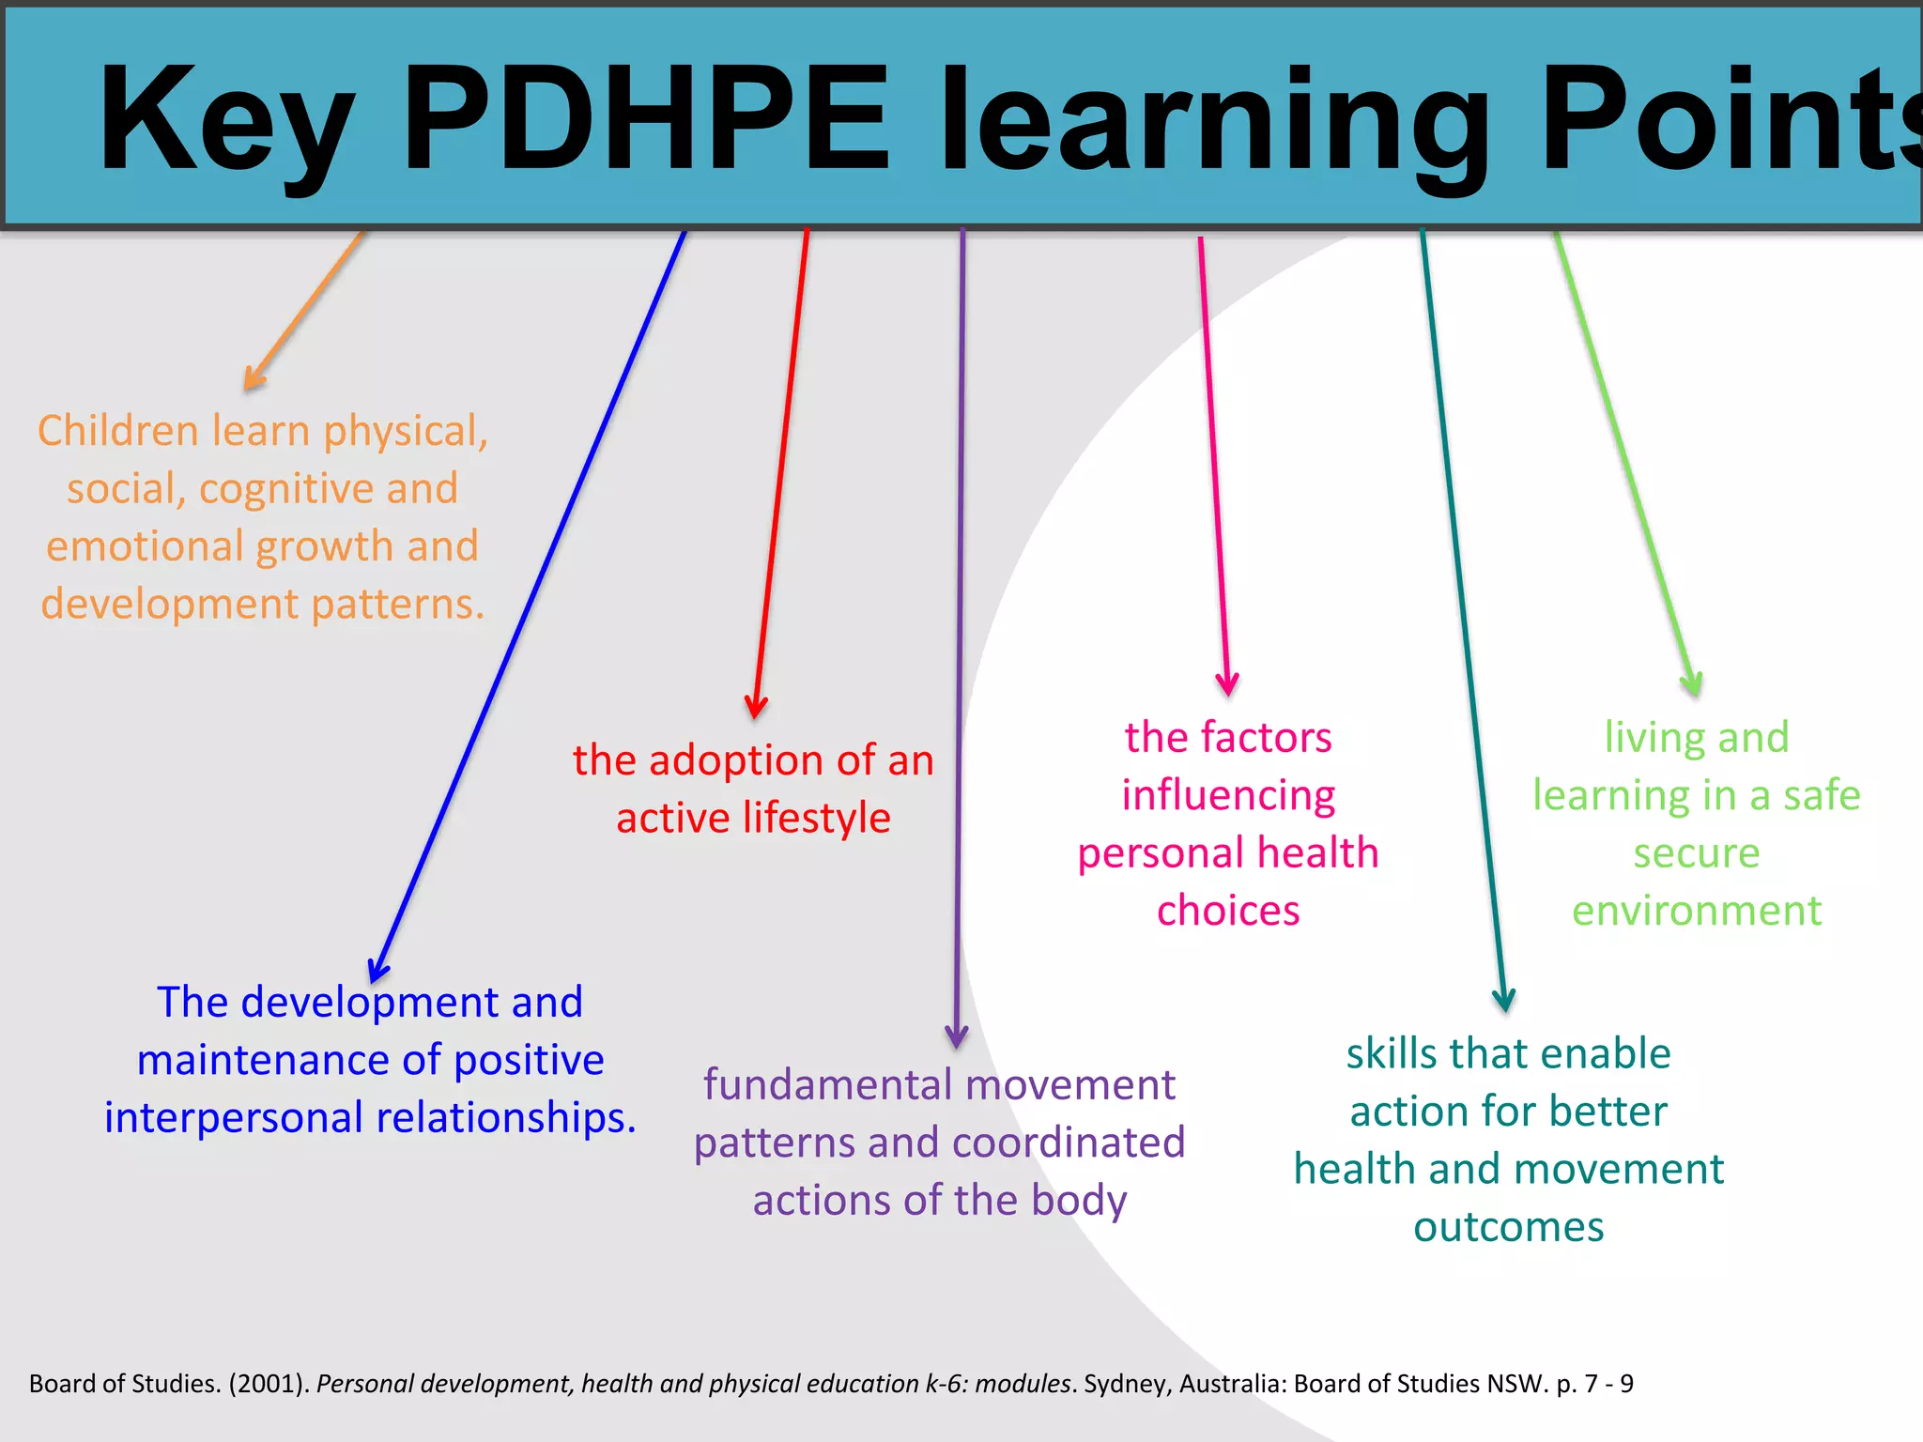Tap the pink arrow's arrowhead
(1227, 686)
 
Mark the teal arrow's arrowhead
(1504, 1001)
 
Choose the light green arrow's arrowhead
(1693, 685)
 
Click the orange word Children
(118, 431)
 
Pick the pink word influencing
(1228, 796)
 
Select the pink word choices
(1228, 911)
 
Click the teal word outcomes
(1509, 1227)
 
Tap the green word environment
(1697, 911)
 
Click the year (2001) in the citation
(269, 1384)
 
